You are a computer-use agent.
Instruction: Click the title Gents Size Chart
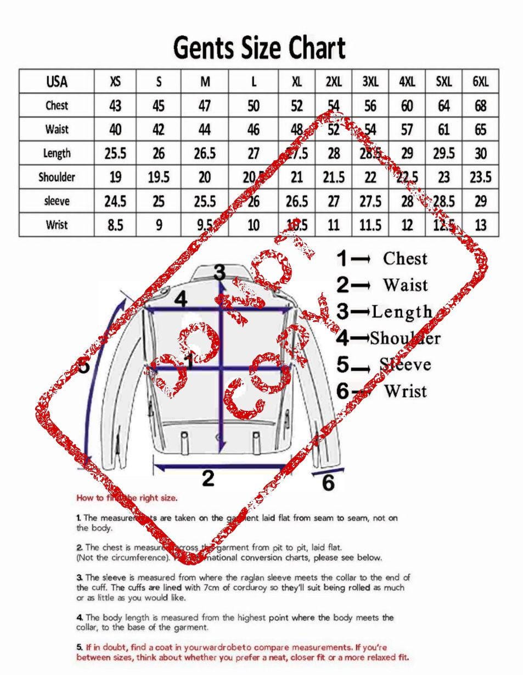[x=259, y=48]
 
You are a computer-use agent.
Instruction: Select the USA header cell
[x=57, y=82]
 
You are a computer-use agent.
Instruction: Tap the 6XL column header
[x=480, y=82]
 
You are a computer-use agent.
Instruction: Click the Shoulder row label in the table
[x=57, y=177]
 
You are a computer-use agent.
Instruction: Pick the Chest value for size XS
[x=115, y=105]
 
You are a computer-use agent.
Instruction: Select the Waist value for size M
[x=205, y=130]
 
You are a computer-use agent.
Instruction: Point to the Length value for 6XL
[x=480, y=153]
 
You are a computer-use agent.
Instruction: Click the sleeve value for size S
[x=159, y=201]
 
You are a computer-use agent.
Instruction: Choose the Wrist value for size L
[x=253, y=225]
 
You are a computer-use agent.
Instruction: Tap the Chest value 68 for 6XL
[x=480, y=105]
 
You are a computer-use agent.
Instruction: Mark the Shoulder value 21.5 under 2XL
[x=334, y=177]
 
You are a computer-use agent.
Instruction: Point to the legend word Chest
[x=405, y=258]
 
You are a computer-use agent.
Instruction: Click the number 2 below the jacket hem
[x=207, y=478]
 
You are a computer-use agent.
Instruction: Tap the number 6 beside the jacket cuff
[x=328, y=483]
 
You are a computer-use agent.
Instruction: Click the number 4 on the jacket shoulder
[x=181, y=299]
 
